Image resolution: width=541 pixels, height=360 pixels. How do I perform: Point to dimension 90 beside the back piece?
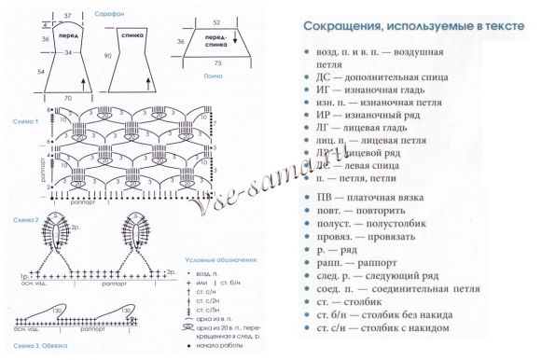110,57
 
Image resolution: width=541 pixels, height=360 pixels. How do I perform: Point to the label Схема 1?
24,121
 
